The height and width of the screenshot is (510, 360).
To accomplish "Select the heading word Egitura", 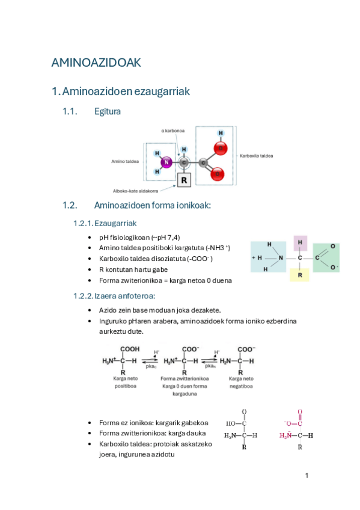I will pyautogui.click(x=108, y=111).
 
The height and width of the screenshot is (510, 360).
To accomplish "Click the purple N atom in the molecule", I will pyautogui.click(x=166, y=162).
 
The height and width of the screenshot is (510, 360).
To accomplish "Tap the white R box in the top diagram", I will pyautogui.click(x=185, y=179).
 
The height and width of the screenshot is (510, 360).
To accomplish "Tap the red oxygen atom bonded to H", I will pyautogui.click(x=221, y=148).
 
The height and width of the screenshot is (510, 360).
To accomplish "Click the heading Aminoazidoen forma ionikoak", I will pyautogui.click(x=152, y=206).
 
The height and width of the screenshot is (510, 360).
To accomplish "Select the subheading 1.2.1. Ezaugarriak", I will pyautogui.click(x=106, y=223).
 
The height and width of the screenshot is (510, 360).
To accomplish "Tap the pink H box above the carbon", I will pyautogui.click(x=300, y=242).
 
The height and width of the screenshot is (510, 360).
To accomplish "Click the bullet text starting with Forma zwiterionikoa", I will pyautogui.click(x=165, y=280).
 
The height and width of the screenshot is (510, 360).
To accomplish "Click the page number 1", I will pyautogui.click(x=307, y=476).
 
